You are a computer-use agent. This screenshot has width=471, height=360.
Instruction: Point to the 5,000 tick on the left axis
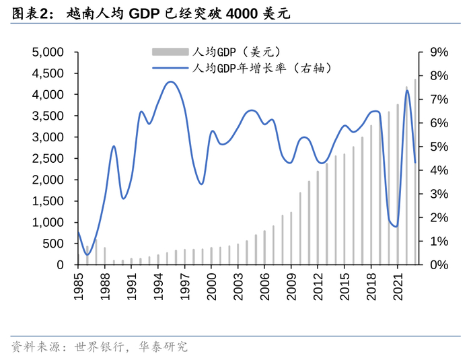pyautogui.click(x=48, y=52)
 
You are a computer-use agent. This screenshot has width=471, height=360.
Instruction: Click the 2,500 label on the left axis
pyautogui.click(x=48, y=159)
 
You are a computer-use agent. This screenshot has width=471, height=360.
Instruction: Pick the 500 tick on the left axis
pyautogui.click(x=53, y=244)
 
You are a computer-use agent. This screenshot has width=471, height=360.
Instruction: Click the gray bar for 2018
pyautogui.click(x=371, y=195)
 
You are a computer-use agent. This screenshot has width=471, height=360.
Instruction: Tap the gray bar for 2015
pyautogui.click(x=345, y=209)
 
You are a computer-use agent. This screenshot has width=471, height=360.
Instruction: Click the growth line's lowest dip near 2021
pyautogui.click(x=396, y=226)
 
